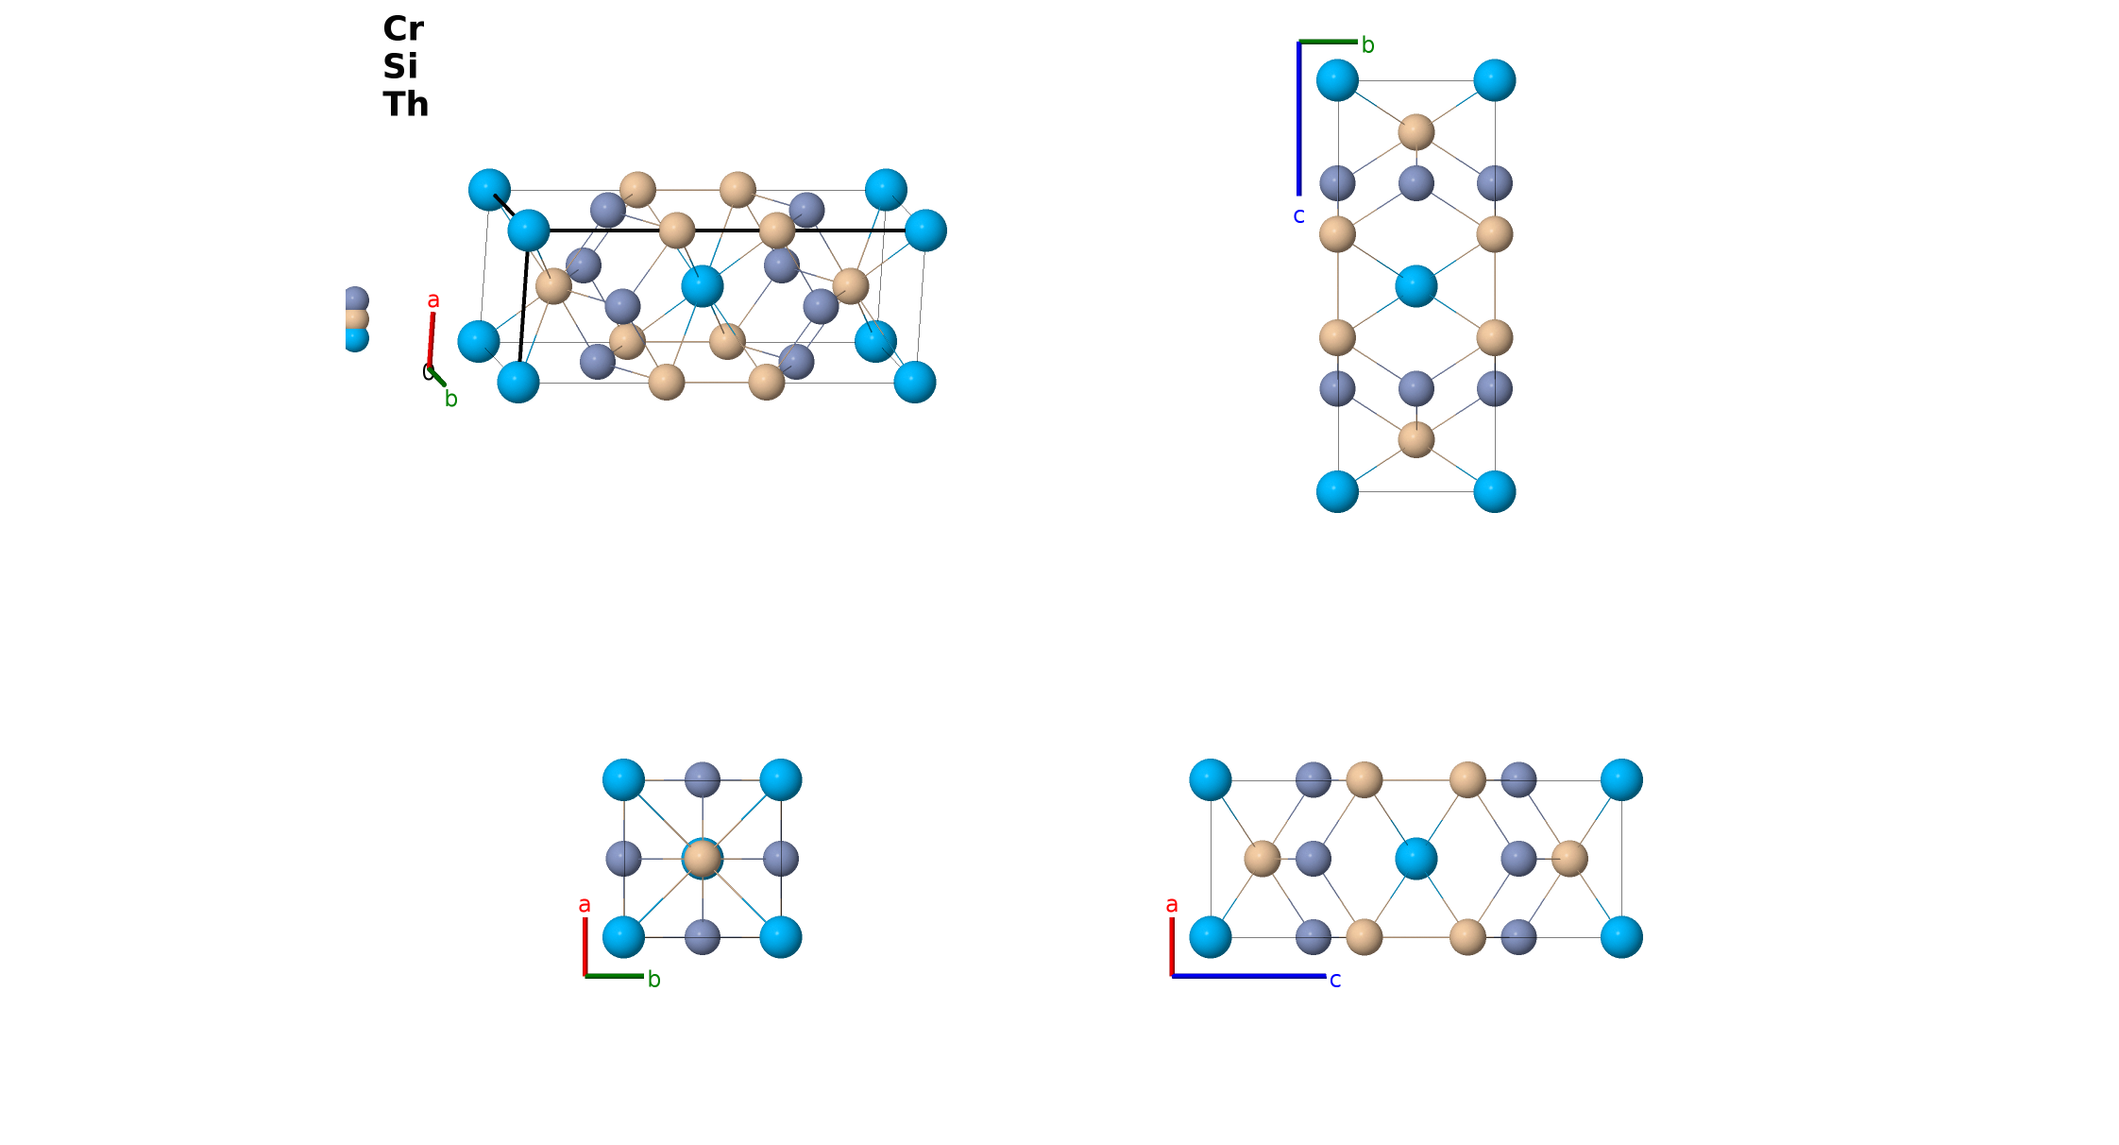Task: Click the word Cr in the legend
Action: click(x=403, y=29)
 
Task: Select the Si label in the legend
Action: click(x=400, y=67)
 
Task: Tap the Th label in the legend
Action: click(x=406, y=105)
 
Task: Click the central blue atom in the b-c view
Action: click(x=1415, y=286)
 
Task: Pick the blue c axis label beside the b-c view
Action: click(x=1298, y=216)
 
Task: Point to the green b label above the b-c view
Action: click(x=1367, y=44)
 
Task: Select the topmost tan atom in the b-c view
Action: click(x=1415, y=132)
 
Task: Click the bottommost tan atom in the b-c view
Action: click(x=1415, y=439)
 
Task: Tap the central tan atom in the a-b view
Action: click(x=702, y=859)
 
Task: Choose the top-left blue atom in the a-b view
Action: click(x=623, y=780)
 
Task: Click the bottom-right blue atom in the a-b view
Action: click(x=781, y=937)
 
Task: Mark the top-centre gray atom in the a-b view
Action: click(x=702, y=780)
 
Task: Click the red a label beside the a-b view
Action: click(x=585, y=905)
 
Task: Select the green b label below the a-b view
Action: click(x=653, y=980)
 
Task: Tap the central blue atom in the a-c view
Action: click(x=1415, y=859)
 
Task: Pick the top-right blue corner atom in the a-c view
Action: click(x=1621, y=780)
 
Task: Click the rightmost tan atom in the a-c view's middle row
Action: click(x=1569, y=859)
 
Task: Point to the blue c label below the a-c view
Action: click(x=1335, y=981)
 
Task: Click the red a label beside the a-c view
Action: click(x=1172, y=905)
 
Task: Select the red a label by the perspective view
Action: click(x=433, y=300)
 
